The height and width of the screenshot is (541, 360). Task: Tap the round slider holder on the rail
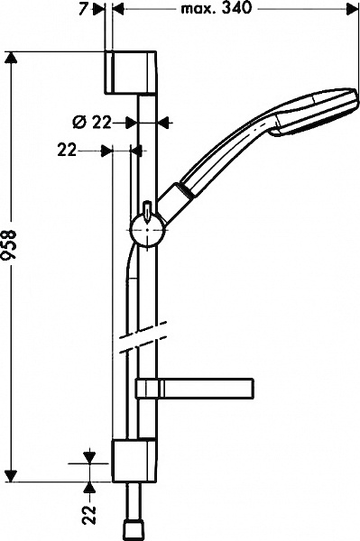(x=147, y=231)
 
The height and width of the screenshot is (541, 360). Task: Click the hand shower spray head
(x=313, y=112)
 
